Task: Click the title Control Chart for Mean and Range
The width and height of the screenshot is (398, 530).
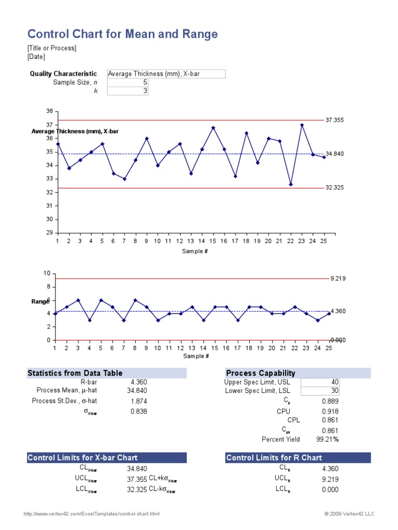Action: click(x=122, y=34)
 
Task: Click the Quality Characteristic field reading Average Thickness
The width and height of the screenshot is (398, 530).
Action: click(x=166, y=74)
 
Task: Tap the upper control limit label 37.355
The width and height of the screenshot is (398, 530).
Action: click(x=335, y=120)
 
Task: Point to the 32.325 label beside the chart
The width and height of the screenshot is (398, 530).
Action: click(x=335, y=188)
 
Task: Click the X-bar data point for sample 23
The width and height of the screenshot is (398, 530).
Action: click(x=302, y=125)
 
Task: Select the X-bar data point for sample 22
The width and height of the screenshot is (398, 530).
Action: click(x=291, y=184)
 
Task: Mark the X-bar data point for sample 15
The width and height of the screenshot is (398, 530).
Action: click(x=213, y=127)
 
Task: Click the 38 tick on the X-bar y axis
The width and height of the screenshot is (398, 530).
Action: click(x=50, y=111)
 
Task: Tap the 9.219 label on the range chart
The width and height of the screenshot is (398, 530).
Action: click(x=338, y=278)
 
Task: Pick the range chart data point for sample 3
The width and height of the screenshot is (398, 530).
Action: click(x=78, y=300)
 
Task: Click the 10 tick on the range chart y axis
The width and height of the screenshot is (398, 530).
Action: click(x=47, y=273)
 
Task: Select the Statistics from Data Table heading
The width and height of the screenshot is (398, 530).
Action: click(x=75, y=373)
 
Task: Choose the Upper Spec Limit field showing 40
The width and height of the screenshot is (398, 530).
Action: click(x=320, y=382)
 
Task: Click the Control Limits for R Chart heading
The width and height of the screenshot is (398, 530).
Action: click(x=274, y=458)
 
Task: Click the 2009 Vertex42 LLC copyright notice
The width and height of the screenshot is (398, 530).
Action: click(x=349, y=514)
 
